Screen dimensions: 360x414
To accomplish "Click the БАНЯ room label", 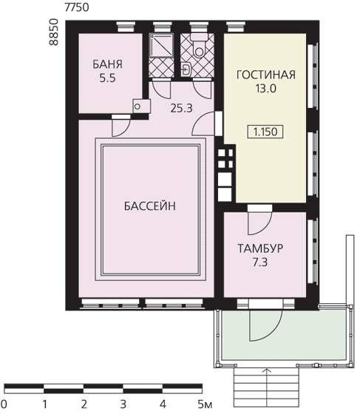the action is point(107,64).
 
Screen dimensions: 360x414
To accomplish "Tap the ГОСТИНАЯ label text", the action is point(266,75).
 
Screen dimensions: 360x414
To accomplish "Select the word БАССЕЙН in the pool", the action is point(149,206).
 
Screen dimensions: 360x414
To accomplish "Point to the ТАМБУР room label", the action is point(260,248).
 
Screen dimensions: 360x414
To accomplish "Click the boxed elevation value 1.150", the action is point(265,132).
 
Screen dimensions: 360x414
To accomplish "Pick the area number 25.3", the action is point(181,108).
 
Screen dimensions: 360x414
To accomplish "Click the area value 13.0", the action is point(265,89).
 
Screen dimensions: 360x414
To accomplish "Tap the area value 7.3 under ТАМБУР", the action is point(260,262).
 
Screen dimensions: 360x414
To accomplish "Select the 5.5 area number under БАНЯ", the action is point(107,78).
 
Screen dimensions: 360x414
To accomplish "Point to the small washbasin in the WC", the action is point(186,69).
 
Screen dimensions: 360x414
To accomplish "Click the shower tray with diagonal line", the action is point(161,45).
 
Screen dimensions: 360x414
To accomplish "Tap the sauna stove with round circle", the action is point(141,106).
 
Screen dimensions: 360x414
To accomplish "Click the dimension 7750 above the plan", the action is point(77,7).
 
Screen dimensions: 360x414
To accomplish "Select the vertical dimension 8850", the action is point(53,32).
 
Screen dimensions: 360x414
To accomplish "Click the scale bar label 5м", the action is point(205,404).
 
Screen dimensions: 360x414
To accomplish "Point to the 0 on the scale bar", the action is point(4,404).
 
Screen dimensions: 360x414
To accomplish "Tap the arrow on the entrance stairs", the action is point(267,387).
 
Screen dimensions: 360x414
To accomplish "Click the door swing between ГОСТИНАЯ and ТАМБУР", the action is point(259,223).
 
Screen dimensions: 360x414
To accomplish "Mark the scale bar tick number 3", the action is point(123,404).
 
